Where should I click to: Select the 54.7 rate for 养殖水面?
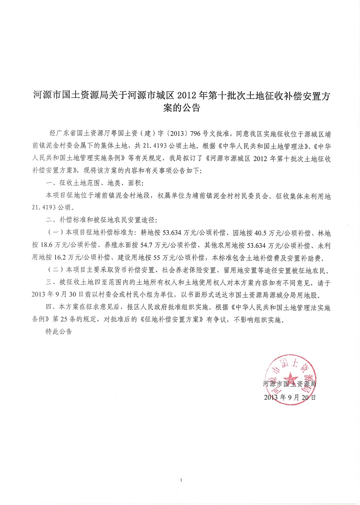click(x=143, y=244)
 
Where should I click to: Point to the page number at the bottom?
click(x=180, y=480)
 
